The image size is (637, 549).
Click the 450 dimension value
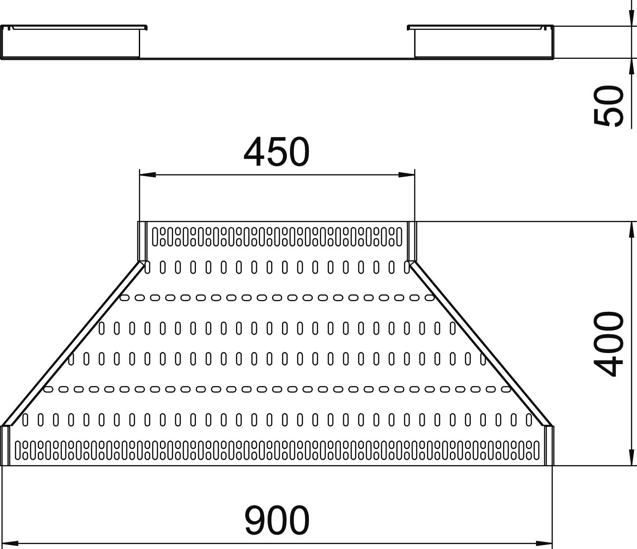(276, 152)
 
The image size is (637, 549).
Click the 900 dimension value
(277, 520)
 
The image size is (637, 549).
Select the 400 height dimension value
(609, 344)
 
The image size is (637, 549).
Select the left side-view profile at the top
(73, 42)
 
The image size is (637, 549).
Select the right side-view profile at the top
(481, 42)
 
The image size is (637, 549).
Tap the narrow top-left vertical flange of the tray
(142, 241)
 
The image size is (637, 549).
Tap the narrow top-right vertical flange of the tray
(411, 241)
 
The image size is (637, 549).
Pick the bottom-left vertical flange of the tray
(5, 445)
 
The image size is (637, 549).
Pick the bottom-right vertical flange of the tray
(549, 445)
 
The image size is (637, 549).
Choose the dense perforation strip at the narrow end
(277, 236)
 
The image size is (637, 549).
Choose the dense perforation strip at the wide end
(277, 450)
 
